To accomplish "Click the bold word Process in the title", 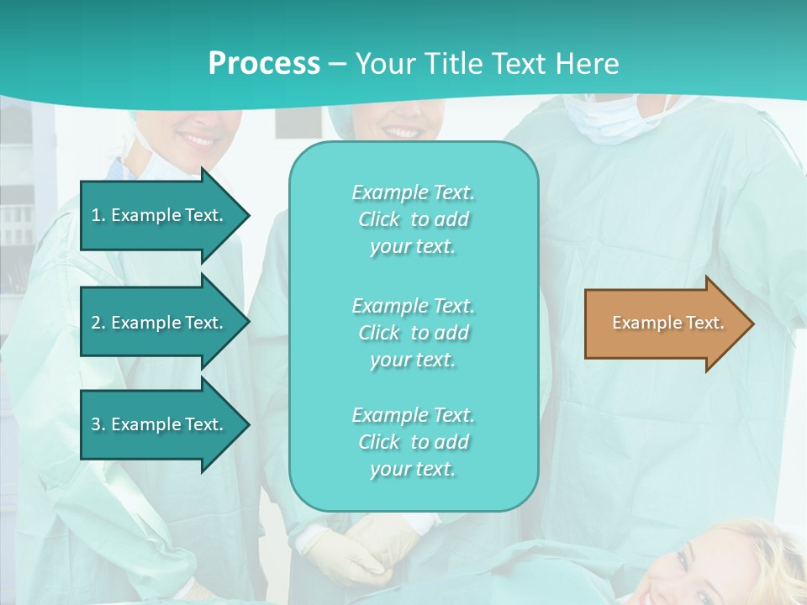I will click(x=264, y=64).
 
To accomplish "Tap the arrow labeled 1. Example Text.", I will click(x=160, y=215).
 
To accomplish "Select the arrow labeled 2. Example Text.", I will click(x=160, y=323).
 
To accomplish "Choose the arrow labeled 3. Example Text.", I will click(x=160, y=424).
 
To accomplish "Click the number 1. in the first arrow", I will click(x=98, y=215).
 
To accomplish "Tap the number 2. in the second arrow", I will click(x=98, y=323).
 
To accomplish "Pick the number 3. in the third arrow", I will click(x=98, y=424).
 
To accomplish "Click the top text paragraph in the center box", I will click(x=413, y=219).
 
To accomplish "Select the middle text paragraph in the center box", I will click(x=413, y=333).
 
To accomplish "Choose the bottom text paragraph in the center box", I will click(x=413, y=442).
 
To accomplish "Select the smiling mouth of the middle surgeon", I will click(x=402, y=132).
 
